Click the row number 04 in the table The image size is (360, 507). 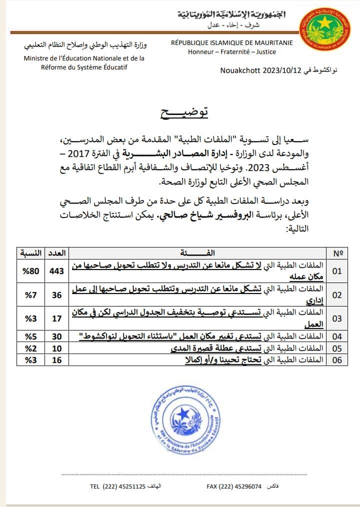pyautogui.click(x=337, y=336)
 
